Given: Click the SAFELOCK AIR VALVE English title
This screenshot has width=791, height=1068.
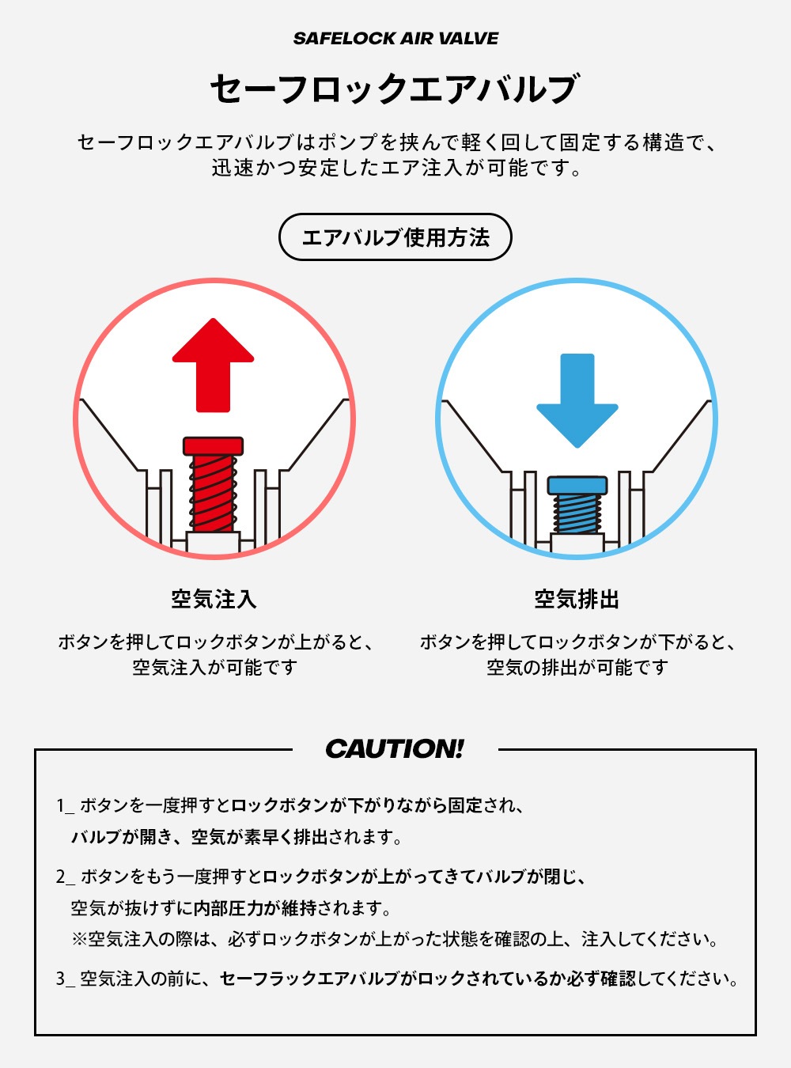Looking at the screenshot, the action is click(x=395, y=39).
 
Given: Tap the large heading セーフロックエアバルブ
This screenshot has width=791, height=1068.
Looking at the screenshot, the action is click(x=394, y=89).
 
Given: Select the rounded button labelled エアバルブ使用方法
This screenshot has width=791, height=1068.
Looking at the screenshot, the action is click(x=395, y=237).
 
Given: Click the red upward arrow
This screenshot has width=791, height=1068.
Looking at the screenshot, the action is click(x=214, y=365).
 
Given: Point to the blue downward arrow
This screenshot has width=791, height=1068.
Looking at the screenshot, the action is click(x=577, y=400).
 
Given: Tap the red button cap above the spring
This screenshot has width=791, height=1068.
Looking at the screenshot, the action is click(x=214, y=446).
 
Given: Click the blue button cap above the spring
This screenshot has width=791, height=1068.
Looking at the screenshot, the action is click(x=577, y=486).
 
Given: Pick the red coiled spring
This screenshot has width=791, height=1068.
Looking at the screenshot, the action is click(x=214, y=494).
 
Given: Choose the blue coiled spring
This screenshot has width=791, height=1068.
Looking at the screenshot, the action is click(x=577, y=513).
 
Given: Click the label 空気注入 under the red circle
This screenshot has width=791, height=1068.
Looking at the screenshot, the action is click(x=214, y=600).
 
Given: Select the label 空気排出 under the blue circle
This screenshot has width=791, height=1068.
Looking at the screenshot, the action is click(x=577, y=600).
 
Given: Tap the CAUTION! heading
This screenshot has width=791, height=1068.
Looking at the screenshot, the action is click(x=395, y=748).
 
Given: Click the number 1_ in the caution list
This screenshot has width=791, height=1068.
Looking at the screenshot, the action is click(x=65, y=805).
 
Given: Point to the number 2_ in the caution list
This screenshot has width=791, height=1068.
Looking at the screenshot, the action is click(x=66, y=877).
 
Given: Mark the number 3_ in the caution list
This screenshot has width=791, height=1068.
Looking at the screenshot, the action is click(x=66, y=979).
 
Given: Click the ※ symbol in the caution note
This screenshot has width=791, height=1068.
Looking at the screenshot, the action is click(x=79, y=939).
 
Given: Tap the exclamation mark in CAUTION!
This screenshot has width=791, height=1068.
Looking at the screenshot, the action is click(x=459, y=748).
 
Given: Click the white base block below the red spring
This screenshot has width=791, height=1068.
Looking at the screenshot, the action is click(x=214, y=543).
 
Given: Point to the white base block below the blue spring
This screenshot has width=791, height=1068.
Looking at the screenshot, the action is click(x=577, y=543).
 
